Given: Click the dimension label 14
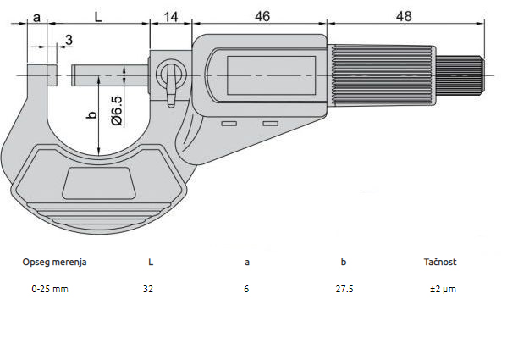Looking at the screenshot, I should (x=171, y=17).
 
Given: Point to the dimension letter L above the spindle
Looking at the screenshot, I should (x=99, y=17).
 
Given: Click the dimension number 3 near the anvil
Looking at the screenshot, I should (x=68, y=40).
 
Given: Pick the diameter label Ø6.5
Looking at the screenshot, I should (x=118, y=110).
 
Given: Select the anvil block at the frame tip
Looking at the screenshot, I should (x=42, y=75).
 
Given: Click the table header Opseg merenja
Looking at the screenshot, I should (x=54, y=262).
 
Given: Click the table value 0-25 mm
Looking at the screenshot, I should (x=49, y=289).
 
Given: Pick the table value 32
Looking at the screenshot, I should (x=149, y=289).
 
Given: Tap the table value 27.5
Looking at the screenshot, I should (x=344, y=289).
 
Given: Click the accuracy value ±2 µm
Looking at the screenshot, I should (x=443, y=289).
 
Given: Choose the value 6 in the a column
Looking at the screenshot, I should (x=247, y=289).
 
